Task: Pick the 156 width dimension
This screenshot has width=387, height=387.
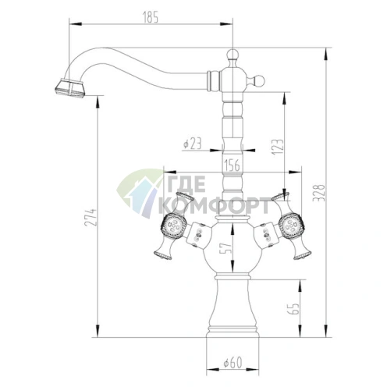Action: click(x=231, y=165)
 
